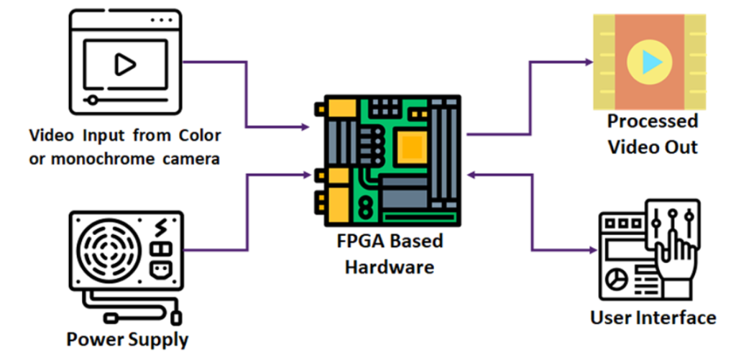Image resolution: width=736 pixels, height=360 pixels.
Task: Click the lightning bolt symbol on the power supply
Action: [x=162, y=229]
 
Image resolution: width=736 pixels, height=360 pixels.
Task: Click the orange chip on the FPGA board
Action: [x=410, y=147]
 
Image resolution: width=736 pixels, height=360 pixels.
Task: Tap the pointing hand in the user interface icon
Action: [x=678, y=259]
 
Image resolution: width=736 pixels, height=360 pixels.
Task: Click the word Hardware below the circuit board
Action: [x=390, y=267]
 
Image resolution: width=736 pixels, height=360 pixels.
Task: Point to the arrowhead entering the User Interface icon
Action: [x=592, y=250]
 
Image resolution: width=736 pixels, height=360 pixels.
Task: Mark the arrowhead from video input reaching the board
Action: [x=306, y=129]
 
